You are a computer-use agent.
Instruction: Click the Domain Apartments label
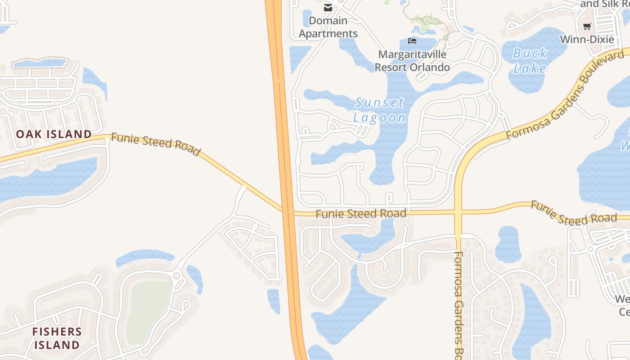328,27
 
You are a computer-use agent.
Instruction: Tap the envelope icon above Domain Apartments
328,7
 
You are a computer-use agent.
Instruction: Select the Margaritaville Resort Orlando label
412,61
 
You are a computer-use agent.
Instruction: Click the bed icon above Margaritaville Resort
412,41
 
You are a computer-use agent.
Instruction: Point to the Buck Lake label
530,61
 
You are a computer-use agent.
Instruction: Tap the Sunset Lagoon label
380,110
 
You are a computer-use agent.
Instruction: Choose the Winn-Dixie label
587,39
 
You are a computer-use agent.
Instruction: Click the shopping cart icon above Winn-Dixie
587,26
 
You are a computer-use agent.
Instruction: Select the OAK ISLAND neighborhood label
54,134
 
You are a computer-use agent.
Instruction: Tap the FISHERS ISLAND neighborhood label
57,338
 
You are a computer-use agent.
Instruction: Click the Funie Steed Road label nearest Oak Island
155,144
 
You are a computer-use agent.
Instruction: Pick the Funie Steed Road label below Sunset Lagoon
361,214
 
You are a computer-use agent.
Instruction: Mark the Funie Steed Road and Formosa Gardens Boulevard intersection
458,212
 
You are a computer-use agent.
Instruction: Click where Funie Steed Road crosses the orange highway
287,211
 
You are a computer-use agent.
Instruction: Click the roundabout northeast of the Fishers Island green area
176,275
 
